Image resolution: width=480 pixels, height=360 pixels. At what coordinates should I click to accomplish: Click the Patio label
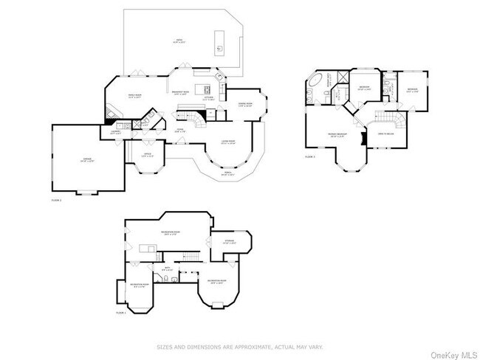click(178, 41)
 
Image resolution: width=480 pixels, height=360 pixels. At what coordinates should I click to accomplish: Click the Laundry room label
click(116, 132)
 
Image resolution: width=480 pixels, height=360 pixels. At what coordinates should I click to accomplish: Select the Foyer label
click(179, 131)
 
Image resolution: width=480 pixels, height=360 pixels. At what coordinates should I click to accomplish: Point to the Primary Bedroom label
click(337, 135)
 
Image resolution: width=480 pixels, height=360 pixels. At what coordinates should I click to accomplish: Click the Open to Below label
click(385, 134)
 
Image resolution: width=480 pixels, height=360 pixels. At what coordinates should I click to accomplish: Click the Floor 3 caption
click(309, 156)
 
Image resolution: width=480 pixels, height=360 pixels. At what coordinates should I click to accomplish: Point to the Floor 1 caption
click(121, 313)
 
